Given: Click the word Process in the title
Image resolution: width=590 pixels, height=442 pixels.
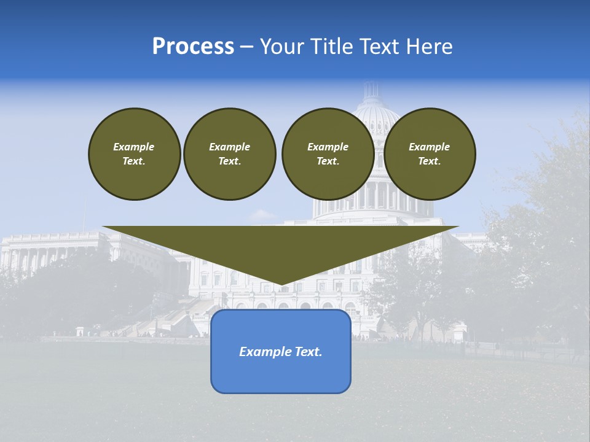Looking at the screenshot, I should pos(193,47).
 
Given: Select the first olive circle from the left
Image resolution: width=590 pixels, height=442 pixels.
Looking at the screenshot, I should pos(134,154).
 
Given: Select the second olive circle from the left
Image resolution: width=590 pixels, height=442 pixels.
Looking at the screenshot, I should pos(229,154).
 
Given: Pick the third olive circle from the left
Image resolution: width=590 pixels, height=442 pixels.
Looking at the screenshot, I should pos(328,154).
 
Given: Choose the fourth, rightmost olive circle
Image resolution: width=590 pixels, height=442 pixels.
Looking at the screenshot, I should pos(429,154).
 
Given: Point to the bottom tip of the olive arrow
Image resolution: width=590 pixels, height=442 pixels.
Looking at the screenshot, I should pos(281,285).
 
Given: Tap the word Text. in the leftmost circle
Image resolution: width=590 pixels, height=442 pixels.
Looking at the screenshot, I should pos(134,161).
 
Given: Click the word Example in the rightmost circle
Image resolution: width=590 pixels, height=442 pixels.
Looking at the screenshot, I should pos(429,147).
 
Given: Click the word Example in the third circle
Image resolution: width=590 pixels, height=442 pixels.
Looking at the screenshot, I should pos(328,147).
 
